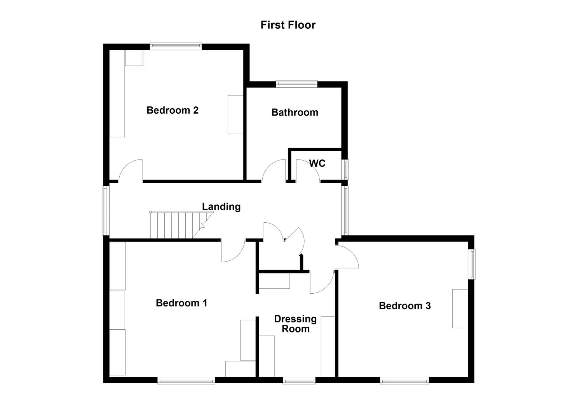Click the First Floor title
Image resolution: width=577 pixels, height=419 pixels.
tap(288, 25)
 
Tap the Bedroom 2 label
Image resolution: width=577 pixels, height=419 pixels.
tap(173, 110)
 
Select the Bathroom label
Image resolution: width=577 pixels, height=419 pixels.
tap(295, 113)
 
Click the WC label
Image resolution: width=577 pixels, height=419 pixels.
tap(317, 163)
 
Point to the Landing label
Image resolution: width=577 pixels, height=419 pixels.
tap(221, 207)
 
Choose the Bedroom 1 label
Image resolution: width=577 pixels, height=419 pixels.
tap(181, 303)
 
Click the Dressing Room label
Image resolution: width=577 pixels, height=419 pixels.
tap(295, 324)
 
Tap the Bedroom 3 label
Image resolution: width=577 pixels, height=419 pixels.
tap(404, 306)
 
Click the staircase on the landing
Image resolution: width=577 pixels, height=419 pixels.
tap(177, 225)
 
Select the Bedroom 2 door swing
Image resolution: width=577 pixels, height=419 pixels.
tap(131, 171)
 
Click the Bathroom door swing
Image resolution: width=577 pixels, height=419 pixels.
tap(274, 171)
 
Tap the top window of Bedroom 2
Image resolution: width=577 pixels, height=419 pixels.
tap(176, 46)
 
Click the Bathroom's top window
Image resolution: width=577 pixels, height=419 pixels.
tap(296, 83)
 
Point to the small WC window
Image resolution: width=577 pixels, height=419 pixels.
tap(345, 169)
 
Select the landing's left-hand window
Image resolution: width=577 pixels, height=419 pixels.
tap(105, 210)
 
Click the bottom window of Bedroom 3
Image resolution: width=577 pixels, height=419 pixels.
tap(404, 381)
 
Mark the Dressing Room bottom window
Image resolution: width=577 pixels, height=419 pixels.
tap(299, 381)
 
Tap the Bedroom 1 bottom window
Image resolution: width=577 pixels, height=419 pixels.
tap(186, 381)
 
